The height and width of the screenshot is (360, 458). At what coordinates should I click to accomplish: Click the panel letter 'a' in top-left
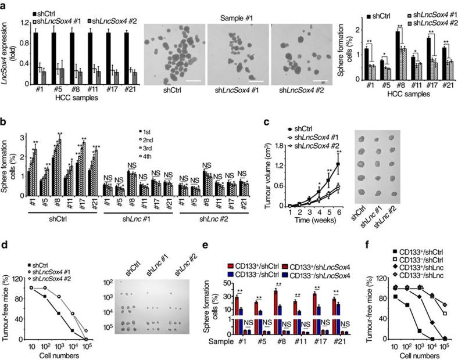click(5, 5)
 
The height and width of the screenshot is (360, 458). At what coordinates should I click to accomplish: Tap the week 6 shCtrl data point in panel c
click(337, 164)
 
